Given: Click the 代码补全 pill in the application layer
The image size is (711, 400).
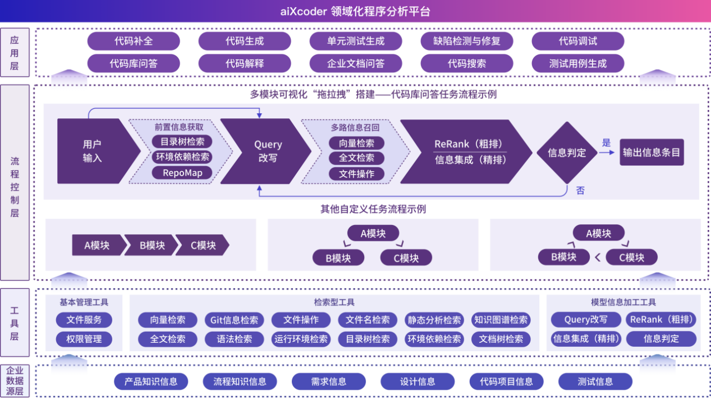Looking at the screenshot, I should (x=133, y=41).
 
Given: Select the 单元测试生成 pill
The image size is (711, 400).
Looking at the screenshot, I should (x=356, y=41).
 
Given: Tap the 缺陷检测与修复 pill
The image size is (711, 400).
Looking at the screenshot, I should (x=467, y=41).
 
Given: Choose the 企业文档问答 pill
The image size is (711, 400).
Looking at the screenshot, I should (x=356, y=63).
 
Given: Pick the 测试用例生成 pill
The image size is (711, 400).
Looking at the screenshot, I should (x=578, y=63).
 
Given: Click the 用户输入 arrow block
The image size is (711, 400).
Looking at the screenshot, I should (x=93, y=151).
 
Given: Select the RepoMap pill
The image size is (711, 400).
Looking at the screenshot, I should (x=182, y=173).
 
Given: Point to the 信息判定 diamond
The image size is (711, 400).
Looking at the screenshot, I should (x=566, y=152).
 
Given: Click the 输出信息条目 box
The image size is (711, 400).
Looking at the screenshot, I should (x=652, y=152).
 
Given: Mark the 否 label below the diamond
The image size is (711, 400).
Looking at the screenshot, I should (x=580, y=191).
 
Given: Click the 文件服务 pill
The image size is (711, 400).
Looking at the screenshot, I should (x=84, y=320).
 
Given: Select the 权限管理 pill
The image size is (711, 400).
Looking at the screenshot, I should (x=84, y=339).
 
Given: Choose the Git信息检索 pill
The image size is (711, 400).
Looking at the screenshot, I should (x=234, y=320).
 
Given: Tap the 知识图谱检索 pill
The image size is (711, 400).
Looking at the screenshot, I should (x=501, y=320).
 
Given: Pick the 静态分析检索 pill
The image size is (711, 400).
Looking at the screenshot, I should (x=434, y=320).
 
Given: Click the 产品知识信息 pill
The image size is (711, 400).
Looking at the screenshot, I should (x=151, y=382).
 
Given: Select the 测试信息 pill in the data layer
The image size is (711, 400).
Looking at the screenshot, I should (x=595, y=382).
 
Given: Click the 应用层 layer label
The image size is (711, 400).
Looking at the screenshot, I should (x=14, y=53).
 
